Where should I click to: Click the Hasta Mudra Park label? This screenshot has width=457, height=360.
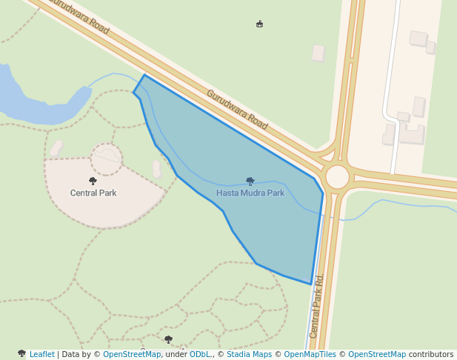250,193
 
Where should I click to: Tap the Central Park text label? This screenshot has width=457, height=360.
93,193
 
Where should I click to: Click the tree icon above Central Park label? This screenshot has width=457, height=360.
93,181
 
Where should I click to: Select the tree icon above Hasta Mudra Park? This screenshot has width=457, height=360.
250,181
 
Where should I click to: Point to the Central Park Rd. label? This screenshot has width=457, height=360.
318,307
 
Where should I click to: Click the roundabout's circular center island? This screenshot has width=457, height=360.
337,177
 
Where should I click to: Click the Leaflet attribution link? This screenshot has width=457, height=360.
41,355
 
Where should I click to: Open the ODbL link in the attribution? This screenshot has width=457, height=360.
200,355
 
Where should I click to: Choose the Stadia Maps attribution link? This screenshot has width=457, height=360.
249,355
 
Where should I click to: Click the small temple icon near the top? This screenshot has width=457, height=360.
259,24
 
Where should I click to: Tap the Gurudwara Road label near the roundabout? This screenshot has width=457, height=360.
237,110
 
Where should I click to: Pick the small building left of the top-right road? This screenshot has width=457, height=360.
318,53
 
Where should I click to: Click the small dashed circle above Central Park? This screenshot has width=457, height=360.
107,159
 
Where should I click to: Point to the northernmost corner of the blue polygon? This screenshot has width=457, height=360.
144,75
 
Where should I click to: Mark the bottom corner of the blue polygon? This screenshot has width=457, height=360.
311,284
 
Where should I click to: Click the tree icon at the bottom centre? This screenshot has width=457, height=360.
168,339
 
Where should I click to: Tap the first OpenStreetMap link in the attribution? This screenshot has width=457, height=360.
132,355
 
